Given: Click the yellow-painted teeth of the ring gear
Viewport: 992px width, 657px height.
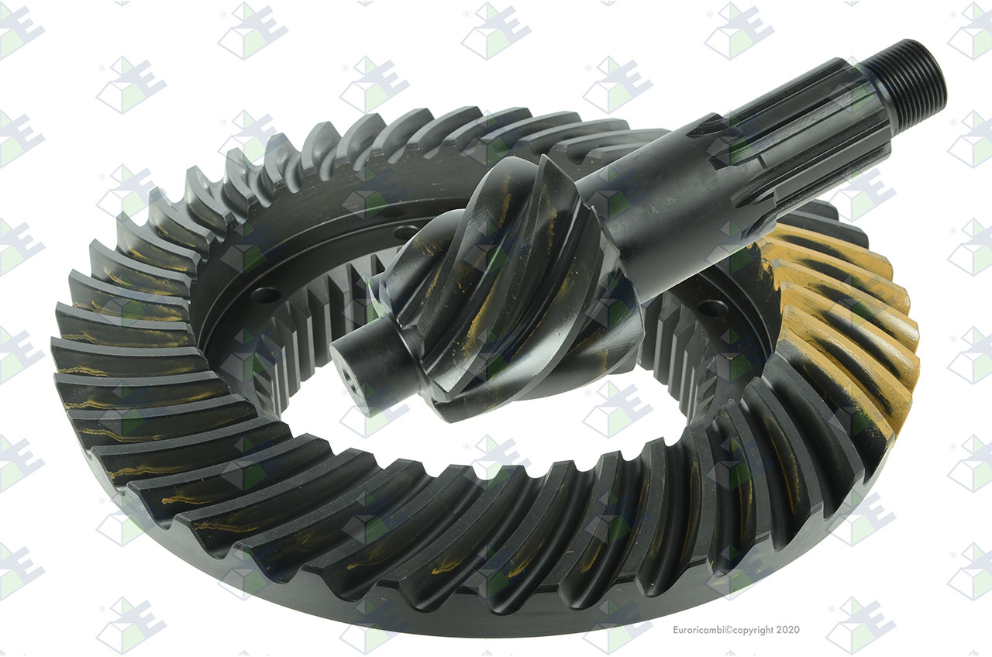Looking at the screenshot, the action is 842,323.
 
